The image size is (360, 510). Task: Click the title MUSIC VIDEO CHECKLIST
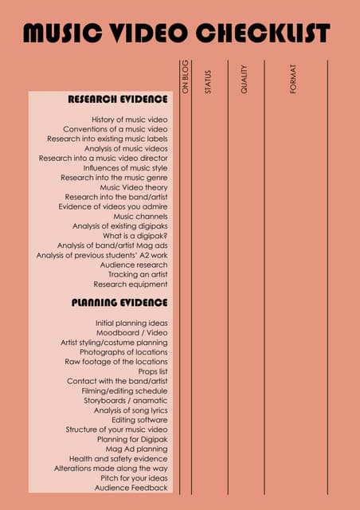176,33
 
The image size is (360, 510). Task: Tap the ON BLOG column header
185,77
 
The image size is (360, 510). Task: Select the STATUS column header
208,82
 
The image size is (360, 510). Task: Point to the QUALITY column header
245,80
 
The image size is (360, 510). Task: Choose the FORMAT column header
293,80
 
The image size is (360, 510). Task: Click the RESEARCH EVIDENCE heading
118,100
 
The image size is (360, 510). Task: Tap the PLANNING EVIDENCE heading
119,303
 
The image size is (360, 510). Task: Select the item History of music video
130,119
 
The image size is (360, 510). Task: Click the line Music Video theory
139,187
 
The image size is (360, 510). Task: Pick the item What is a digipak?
135,236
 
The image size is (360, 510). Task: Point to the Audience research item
134,265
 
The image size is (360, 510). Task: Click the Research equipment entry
131,284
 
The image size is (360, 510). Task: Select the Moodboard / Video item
132,332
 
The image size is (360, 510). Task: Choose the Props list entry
147,371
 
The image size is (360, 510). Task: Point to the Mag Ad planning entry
137,449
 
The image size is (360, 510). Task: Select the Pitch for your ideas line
129,477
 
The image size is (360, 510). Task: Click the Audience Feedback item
131,487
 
